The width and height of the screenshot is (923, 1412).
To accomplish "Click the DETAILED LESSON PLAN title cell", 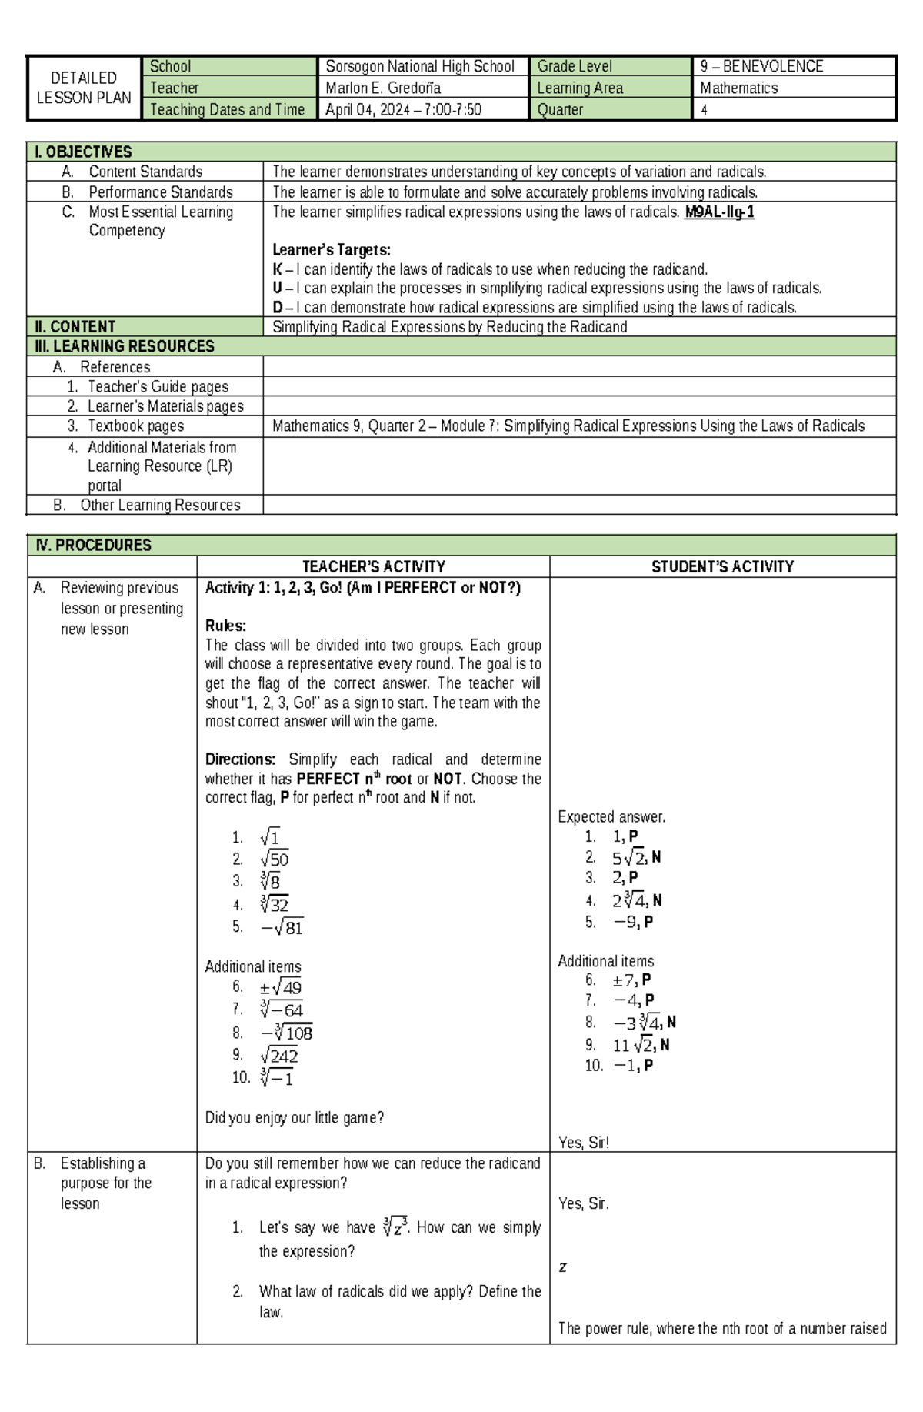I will click(84, 88).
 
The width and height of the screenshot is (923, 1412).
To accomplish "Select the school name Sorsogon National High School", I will click(420, 67).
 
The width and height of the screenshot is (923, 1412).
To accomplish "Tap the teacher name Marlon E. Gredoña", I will click(383, 88).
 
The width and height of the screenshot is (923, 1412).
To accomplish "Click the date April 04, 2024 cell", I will click(403, 110).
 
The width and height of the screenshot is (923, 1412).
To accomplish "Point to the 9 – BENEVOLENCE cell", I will click(761, 67).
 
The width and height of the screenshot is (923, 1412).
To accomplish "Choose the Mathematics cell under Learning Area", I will click(738, 88).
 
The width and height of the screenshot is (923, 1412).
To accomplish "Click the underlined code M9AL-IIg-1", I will click(719, 212).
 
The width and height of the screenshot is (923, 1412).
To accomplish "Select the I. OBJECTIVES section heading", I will click(83, 152).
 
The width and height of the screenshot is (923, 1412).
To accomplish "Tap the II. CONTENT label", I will click(75, 327).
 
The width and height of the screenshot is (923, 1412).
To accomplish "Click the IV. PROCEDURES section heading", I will click(93, 546).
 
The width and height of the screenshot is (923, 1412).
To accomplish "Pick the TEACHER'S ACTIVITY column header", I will click(373, 567).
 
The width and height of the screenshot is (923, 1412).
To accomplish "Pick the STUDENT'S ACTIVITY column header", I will click(722, 567).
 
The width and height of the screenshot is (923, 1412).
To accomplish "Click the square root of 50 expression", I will click(274, 860).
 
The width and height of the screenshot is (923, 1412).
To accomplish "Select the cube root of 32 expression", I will click(274, 904).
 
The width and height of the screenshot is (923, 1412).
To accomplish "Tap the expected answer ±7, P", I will click(631, 980).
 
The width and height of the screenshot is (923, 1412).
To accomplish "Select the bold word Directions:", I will click(240, 759).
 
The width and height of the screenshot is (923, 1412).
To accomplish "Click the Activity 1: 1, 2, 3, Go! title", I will click(362, 588).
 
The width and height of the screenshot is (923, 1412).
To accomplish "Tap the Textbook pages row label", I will click(135, 426).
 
